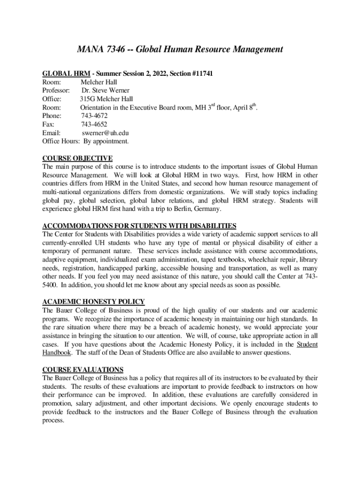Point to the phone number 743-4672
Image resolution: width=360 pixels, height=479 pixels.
pyautogui.click(x=94, y=116)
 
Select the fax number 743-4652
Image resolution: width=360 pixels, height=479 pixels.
pyautogui.click(x=94, y=124)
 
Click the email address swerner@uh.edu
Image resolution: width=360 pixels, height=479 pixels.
pyautogui.click(x=102, y=132)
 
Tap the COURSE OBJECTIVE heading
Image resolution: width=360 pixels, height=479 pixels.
pyautogui.click(x=77, y=158)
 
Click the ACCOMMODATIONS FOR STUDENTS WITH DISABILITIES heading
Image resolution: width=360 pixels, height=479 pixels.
pyautogui.click(x=139, y=225)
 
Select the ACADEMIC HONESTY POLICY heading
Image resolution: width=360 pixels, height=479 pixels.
pyautogui.click(x=94, y=302)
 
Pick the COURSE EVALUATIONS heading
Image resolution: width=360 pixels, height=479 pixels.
pyautogui.click(x=83, y=370)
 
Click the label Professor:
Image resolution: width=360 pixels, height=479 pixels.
pyautogui.click(x=56, y=90)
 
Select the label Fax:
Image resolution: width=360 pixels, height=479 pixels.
pyautogui.click(x=48, y=124)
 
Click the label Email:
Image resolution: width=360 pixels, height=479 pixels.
pyautogui.click(x=51, y=132)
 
